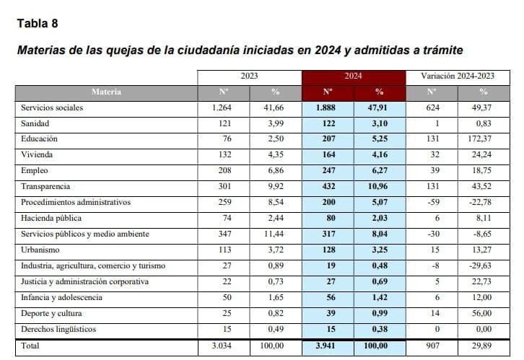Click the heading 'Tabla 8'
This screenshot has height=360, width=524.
[x=37, y=23]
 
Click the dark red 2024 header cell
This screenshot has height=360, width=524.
[x=353, y=76]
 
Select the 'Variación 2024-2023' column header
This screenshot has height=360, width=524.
[x=456, y=76]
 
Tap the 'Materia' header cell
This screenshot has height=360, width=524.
[x=106, y=92]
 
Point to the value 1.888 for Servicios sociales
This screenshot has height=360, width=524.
[x=327, y=107]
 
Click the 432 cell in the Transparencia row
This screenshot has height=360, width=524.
[x=327, y=186]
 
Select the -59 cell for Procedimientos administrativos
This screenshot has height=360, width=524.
[x=432, y=202]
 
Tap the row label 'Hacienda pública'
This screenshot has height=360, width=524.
[x=51, y=218]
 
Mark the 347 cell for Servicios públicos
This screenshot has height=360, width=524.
[x=223, y=234]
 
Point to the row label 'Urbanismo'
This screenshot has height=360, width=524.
[x=40, y=250]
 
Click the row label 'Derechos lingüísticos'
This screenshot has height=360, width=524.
[x=58, y=329]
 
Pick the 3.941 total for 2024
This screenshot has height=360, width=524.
[x=327, y=346]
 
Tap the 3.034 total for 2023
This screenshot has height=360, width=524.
[x=223, y=346]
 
